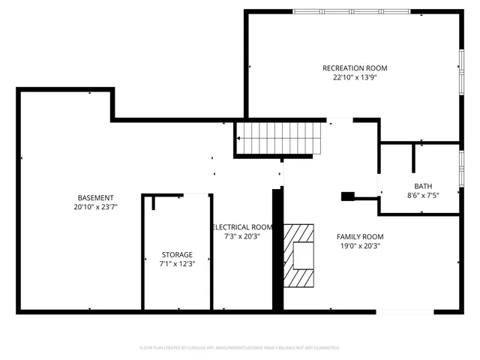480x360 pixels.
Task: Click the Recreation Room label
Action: coord(355,68)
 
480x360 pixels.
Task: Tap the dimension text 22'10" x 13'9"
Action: coord(355,77)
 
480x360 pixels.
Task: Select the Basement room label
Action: coord(96,198)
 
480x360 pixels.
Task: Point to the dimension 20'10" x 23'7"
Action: coord(96,207)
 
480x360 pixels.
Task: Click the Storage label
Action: coord(177,255)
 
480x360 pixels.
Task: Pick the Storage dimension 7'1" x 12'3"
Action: coord(177,264)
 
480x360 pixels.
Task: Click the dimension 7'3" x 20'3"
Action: coord(242,236)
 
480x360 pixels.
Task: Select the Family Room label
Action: coord(360,236)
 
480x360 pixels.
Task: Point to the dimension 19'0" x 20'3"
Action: coord(360,245)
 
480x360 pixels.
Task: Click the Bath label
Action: coord(423,187)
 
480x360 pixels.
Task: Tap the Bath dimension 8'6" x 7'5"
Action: coord(423,196)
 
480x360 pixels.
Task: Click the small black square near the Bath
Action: coord(347,196)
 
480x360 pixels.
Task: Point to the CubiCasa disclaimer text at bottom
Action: coord(240,348)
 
